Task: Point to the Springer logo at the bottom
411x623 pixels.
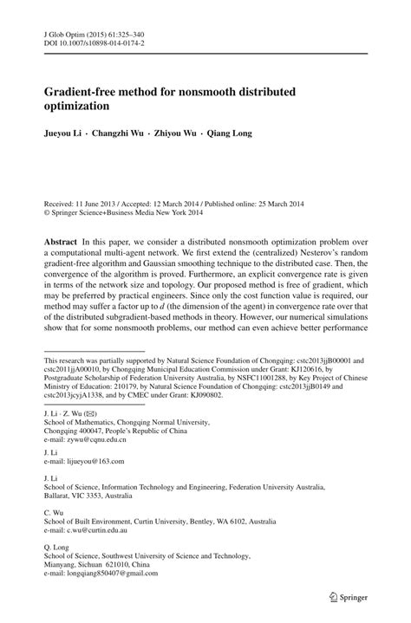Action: pyautogui.click(x=344, y=596)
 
